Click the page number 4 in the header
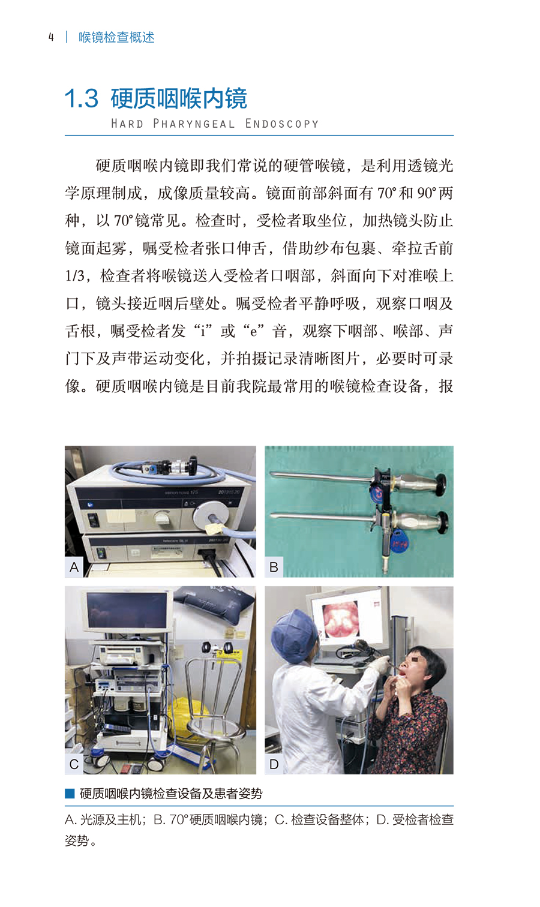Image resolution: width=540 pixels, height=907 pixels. [51, 37]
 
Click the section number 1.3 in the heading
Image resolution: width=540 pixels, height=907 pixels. [82, 98]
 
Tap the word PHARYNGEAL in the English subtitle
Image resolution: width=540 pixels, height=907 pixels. [194, 124]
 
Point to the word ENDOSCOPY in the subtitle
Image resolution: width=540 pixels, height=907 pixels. [282, 124]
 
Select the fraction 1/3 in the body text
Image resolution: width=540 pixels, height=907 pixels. [74, 276]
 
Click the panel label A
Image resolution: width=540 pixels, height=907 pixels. [74, 567]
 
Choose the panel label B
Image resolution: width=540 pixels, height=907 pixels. [274, 567]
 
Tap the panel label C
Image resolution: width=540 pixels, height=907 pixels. [74, 764]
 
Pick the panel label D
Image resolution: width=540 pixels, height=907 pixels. [274, 764]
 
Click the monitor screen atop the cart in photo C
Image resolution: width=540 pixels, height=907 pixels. [127, 611]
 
